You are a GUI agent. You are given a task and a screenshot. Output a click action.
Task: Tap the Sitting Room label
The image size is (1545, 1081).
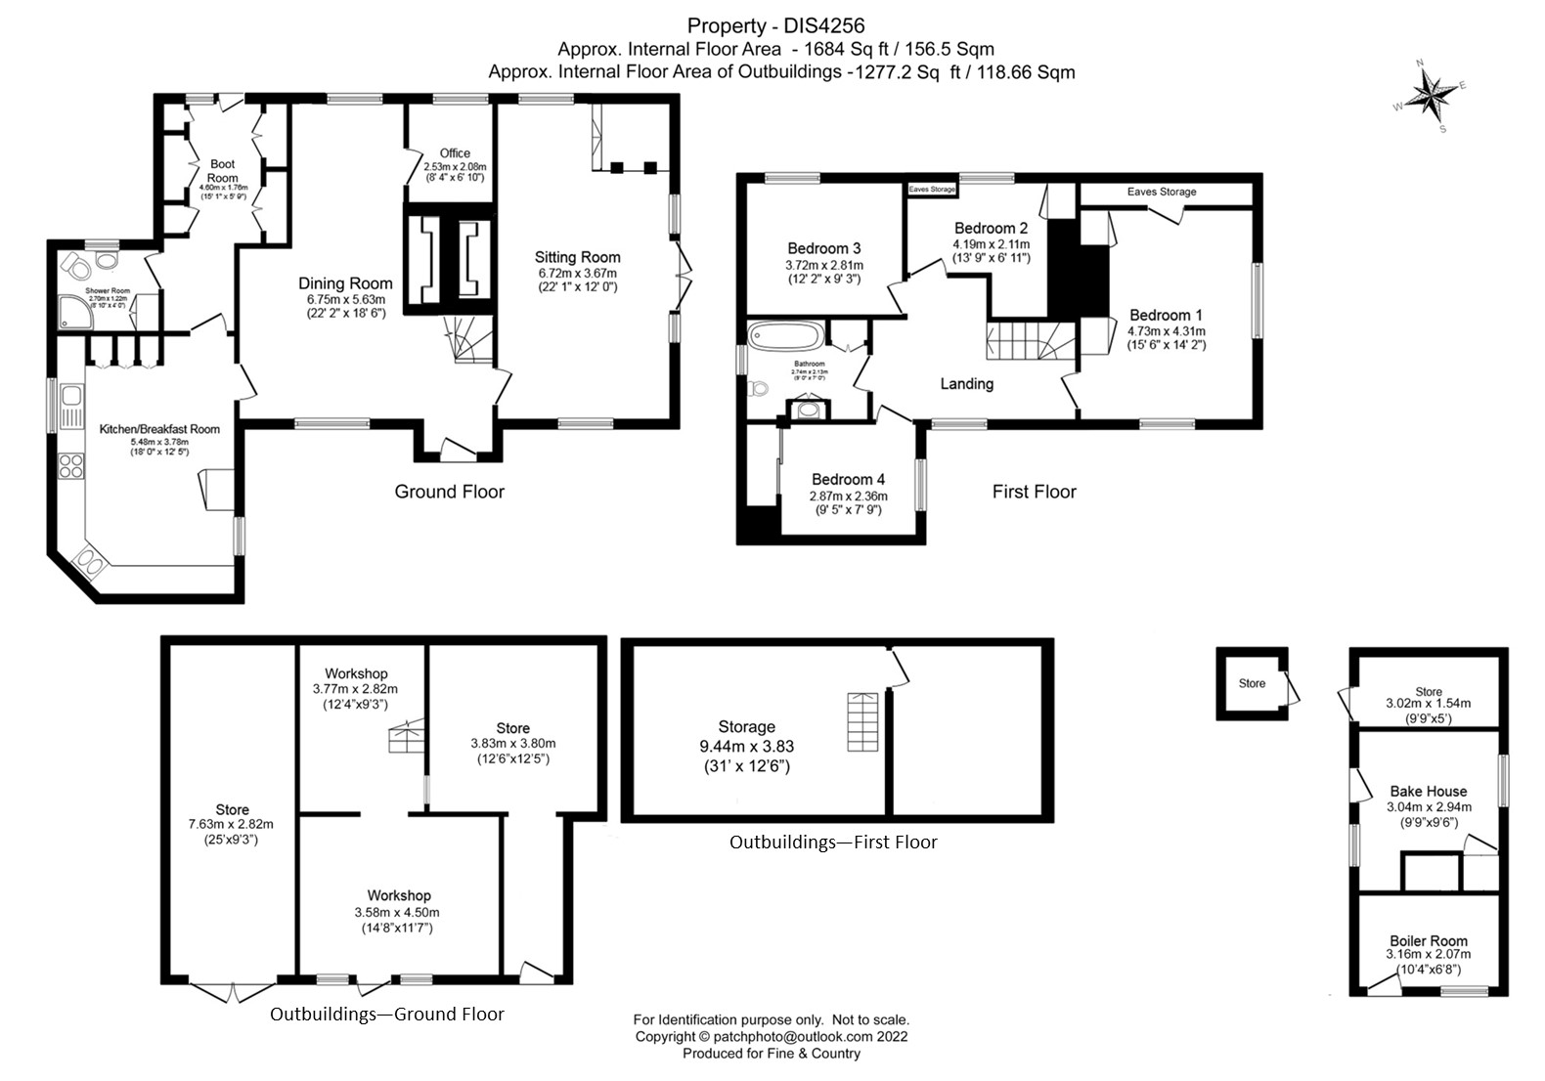(x=577, y=257)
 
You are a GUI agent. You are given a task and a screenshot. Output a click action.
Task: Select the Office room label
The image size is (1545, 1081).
(x=455, y=153)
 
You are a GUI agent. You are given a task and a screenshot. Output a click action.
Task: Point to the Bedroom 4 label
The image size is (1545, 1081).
(x=848, y=479)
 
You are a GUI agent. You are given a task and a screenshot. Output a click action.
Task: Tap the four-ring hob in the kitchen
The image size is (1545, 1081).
(x=71, y=465)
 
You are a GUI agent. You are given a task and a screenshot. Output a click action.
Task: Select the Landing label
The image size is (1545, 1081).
(x=966, y=384)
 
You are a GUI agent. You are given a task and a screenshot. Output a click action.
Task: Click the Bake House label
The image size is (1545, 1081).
(x=1428, y=791)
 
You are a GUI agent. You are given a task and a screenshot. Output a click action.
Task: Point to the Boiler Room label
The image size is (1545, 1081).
(x=1428, y=940)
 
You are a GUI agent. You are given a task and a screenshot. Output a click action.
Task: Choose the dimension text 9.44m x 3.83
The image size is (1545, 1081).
(x=746, y=746)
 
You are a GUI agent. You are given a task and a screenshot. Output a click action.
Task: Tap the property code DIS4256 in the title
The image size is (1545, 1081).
(x=817, y=25)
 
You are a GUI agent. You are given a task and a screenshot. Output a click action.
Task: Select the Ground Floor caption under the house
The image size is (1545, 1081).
(x=449, y=492)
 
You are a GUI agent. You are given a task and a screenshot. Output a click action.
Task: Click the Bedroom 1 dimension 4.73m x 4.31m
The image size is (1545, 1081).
(x=1166, y=330)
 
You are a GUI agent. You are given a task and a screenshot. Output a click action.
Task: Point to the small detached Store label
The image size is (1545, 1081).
(x=1252, y=683)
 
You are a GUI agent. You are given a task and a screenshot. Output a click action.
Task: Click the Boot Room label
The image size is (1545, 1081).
(x=223, y=171)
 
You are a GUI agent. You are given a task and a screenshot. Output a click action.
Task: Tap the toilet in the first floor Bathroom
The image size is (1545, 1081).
(x=757, y=389)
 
